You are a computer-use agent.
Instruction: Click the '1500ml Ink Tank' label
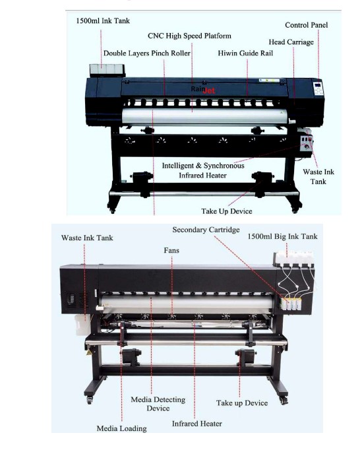coord(103,21)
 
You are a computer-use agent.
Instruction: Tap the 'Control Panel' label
coord(307,25)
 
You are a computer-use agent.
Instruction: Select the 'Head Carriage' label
coord(291,42)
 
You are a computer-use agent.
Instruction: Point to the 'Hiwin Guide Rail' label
coord(245,53)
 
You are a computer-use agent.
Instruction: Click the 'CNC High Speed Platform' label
coord(189,36)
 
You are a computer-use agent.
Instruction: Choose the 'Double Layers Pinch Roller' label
coord(147,53)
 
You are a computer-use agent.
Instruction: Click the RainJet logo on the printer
coord(203,90)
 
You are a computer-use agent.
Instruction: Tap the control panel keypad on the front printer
coord(318,88)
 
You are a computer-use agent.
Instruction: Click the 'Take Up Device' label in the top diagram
coord(227,211)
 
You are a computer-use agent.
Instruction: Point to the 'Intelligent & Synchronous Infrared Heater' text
coord(203,170)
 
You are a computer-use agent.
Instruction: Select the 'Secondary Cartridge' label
coord(206,230)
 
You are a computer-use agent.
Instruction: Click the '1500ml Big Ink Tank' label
coord(282,236)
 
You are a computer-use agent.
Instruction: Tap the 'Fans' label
coord(171,250)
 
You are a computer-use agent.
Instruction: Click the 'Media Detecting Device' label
coord(158,404)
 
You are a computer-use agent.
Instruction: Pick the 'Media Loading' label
coord(122,428)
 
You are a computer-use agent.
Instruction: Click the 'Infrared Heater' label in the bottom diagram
coord(196,424)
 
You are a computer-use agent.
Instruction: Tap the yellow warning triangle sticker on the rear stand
coord(89,352)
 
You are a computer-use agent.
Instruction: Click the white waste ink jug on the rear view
coord(82,325)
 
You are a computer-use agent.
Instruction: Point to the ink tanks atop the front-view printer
coord(107,71)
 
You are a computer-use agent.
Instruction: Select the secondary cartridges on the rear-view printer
coord(291,304)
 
